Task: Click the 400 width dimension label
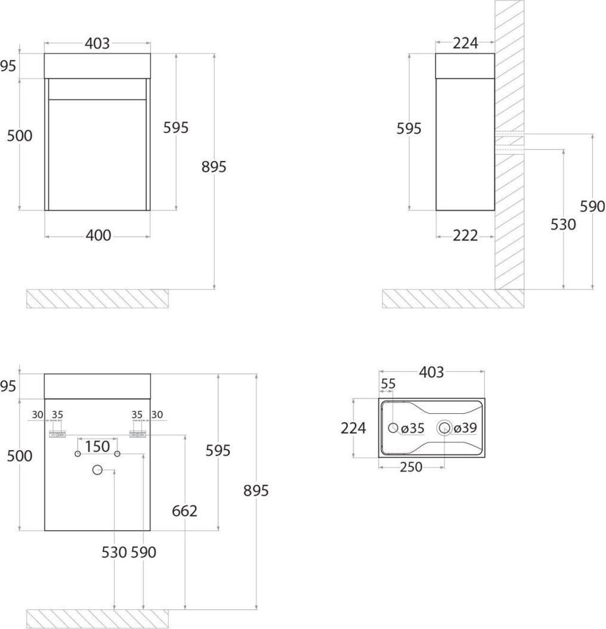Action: point(98,236)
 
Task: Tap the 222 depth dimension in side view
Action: point(465,236)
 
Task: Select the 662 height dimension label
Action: point(185,511)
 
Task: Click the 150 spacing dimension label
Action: point(98,447)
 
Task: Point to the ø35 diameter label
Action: point(413,429)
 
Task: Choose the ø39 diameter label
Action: point(465,428)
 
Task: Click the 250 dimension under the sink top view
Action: point(411,467)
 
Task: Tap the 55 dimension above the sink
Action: point(388,384)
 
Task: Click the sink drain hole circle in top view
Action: point(444,428)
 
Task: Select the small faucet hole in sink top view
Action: point(393,427)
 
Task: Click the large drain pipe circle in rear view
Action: point(98,470)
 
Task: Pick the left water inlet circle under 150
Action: point(78,454)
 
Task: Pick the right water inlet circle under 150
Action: point(117,454)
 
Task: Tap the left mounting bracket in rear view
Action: point(57,434)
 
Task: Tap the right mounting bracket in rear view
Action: point(138,434)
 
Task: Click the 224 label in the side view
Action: point(466,44)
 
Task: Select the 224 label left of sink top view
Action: point(353,429)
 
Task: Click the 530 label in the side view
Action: point(563,225)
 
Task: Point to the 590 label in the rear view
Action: point(143,552)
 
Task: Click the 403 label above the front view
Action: point(97,44)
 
